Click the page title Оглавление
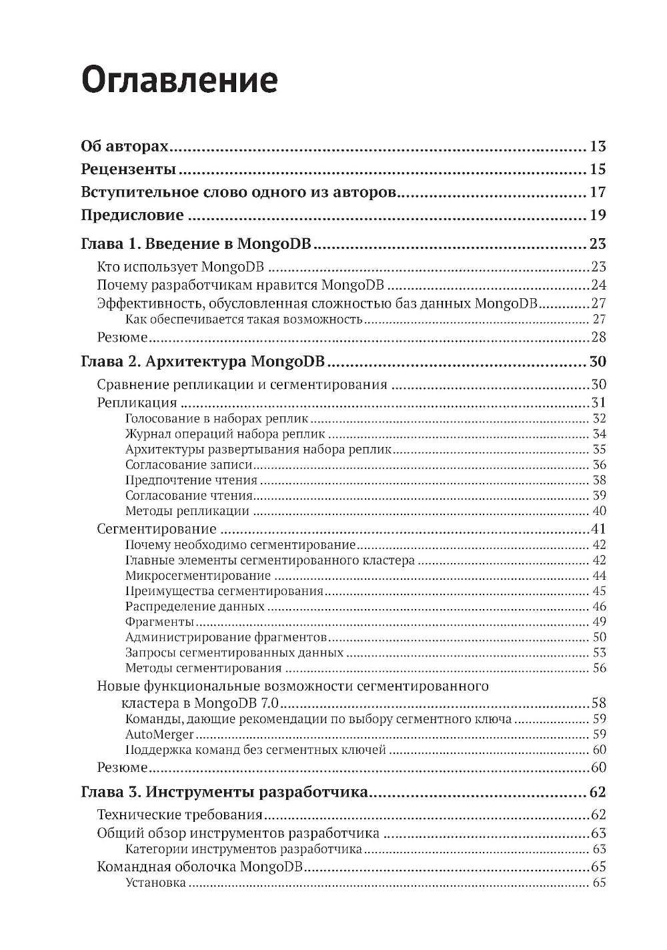point(179,81)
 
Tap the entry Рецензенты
point(128,169)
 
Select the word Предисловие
point(132,215)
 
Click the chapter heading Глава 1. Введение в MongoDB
point(197,244)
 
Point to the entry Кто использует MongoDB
point(180,267)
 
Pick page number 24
point(598,286)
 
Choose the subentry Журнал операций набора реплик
point(216,434)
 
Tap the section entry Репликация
point(137,402)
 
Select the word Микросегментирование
point(197,575)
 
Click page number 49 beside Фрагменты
point(599,622)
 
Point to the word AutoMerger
point(159,734)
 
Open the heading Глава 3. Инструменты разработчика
point(224,792)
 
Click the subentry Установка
point(155,883)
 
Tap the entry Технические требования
point(179,815)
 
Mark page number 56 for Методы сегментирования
point(599,668)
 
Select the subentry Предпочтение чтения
point(191,480)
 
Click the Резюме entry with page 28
point(122,337)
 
